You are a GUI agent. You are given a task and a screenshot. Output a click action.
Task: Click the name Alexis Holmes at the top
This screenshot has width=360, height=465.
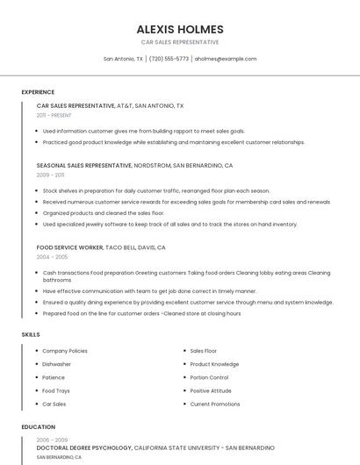(x=180, y=29)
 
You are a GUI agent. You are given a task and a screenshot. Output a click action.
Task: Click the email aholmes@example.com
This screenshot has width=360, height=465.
(x=226, y=59)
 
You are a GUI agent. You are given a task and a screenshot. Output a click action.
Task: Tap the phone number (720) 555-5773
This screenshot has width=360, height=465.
(x=169, y=59)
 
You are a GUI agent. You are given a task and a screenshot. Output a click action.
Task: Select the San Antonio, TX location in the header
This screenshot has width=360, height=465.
(x=123, y=59)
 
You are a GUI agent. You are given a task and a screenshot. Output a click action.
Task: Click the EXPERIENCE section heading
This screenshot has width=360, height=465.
(x=38, y=92)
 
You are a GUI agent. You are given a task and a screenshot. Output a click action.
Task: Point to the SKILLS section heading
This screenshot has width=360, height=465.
(x=31, y=334)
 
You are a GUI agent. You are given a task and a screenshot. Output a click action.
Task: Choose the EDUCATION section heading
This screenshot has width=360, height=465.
(x=39, y=427)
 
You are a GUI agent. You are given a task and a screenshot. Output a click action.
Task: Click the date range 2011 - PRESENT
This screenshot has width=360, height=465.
(x=54, y=115)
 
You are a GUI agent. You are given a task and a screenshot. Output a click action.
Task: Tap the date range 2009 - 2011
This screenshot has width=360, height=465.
(x=50, y=175)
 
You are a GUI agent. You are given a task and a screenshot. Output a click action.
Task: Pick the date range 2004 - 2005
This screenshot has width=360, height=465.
(x=51, y=257)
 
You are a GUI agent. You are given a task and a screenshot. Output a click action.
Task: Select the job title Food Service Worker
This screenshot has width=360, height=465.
(x=70, y=247)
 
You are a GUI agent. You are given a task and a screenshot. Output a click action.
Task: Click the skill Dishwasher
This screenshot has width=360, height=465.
(x=56, y=364)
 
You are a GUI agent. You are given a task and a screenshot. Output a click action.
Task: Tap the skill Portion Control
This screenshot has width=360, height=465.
(x=209, y=377)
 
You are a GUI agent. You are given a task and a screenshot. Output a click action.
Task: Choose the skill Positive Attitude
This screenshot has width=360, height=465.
(x=211, y=390)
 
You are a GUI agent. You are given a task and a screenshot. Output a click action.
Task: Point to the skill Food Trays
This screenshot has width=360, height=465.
(x=55, y=390)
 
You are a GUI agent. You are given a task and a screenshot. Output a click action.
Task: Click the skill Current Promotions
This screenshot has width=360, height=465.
(x=214, y=404)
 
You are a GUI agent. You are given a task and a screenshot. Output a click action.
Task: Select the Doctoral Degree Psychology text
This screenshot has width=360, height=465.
(x=84, y=447)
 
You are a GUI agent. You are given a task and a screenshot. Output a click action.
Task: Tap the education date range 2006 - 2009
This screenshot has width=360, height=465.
(x=52, y=440)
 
